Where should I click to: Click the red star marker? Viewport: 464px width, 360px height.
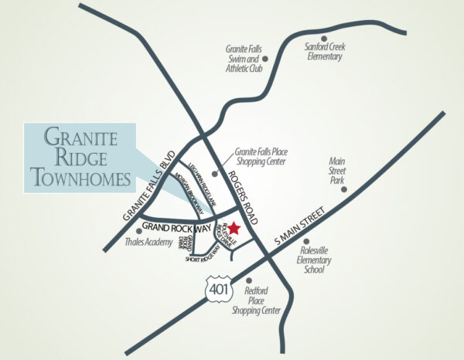coord(233,228)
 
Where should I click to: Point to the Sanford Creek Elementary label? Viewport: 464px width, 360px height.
coord(325,52)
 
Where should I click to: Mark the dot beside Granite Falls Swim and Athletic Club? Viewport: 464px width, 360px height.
coord(266,58)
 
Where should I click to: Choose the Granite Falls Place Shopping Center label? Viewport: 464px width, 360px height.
coord(259,158)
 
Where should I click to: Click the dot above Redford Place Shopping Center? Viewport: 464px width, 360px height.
coord(247,281)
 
